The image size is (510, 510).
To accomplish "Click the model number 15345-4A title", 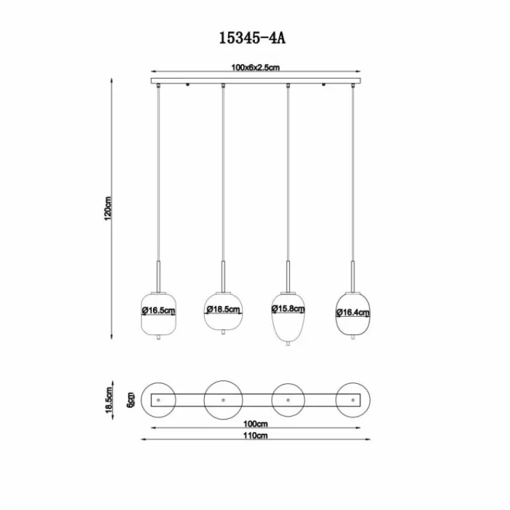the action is pos(252,38).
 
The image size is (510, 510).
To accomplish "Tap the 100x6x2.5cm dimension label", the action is pos(256,68).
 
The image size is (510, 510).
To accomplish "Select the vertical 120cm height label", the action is pos(108,208).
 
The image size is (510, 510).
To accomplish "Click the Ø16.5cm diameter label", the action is pos(159,310).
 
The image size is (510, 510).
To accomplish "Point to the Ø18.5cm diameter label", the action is pos(223,309).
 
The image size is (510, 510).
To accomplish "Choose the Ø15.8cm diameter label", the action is pos(288,309).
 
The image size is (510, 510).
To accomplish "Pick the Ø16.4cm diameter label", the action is pos(353,312).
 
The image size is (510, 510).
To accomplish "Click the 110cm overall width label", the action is pos(256,435).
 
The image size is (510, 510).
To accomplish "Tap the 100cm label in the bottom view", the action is pos(256,424).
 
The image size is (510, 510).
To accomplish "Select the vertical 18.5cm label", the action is pos(108,400).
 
